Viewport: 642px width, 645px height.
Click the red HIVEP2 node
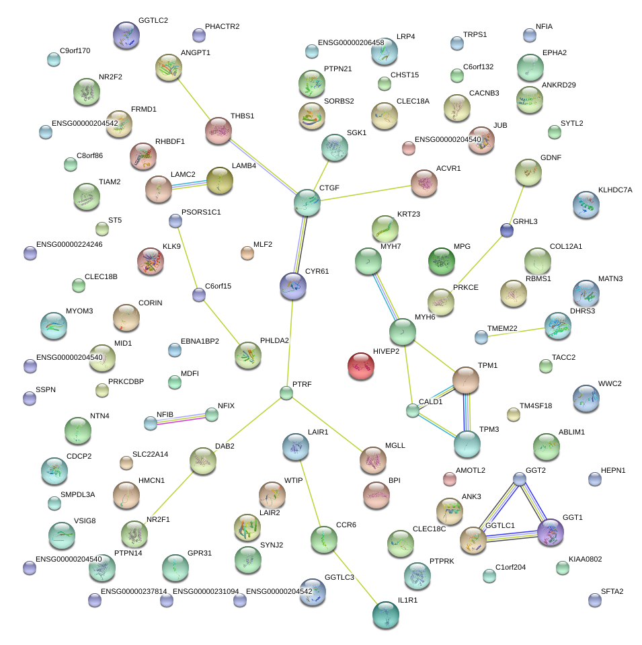(361, 367)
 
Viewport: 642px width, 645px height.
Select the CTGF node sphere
(307, 202)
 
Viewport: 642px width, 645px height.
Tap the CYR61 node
(293, 286)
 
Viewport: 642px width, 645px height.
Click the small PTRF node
(286, 393)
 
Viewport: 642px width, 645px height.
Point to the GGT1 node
(551, 532)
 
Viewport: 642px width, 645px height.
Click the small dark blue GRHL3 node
(507, 231)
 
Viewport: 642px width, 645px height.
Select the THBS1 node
(218, 130)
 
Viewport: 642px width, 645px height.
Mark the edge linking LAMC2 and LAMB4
(189, 185)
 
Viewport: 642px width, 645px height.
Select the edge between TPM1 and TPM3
(467, 412)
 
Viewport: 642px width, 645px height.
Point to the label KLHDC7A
(615, 190)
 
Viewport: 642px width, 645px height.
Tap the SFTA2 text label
(612, 592)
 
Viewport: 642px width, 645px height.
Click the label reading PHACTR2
(222, 27)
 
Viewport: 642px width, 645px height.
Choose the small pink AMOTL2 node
(450, 479)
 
